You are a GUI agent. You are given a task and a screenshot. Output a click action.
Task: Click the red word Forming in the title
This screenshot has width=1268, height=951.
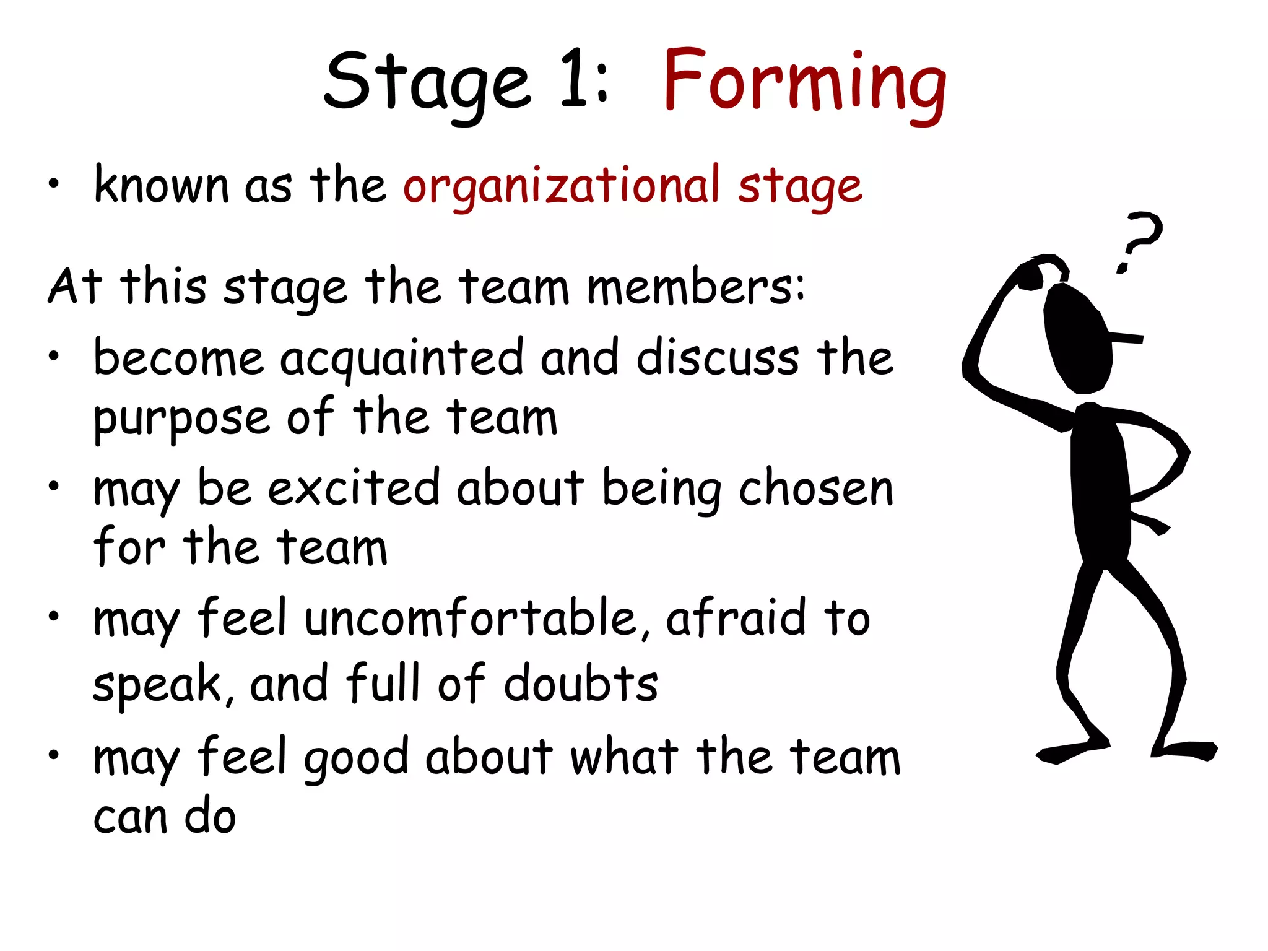[x=805, y=84]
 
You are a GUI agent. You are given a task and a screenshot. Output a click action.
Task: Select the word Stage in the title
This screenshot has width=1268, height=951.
[x=427, y=84]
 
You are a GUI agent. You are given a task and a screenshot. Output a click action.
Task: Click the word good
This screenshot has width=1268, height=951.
[x=356, y=758]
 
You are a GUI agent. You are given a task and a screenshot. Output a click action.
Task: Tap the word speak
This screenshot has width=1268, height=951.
[x=157, y=685]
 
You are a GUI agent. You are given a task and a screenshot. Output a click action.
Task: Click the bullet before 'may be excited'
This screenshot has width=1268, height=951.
[x=54, y=486]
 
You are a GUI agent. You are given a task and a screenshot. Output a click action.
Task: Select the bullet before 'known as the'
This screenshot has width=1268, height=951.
[x=54, y=183]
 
